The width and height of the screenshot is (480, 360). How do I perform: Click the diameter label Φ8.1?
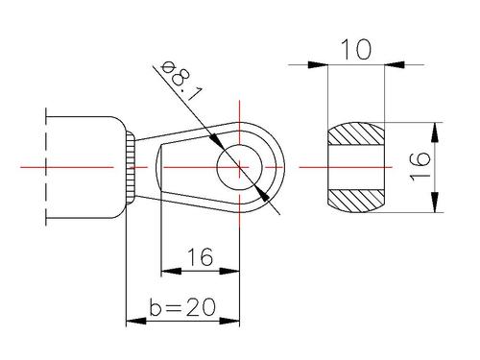click(181, 81)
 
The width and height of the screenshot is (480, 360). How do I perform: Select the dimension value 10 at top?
click(356, 50)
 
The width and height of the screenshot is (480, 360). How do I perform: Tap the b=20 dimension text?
click(182, 307)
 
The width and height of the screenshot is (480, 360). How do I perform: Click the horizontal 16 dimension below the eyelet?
click(201, 257)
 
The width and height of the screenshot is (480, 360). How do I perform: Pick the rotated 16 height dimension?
click(420, 167)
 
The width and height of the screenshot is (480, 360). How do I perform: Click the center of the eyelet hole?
click(239, 167)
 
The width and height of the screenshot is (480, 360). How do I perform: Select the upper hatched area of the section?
click(356, 133)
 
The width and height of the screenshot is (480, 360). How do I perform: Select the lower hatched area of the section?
click(356, 201)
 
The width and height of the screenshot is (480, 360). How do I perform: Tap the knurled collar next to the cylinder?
click(131, 167)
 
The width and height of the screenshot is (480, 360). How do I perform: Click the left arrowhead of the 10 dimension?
click(318, 64)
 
